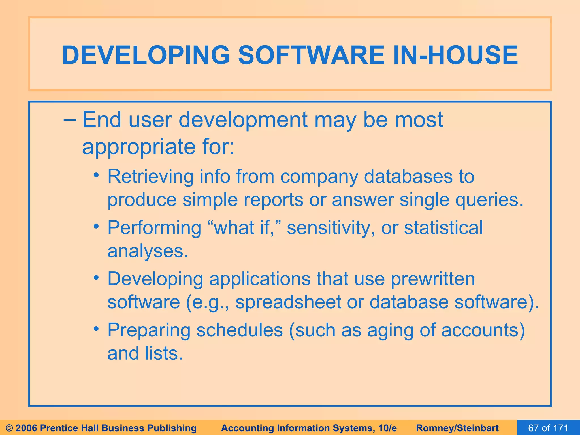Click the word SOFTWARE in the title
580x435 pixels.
[x=311, y=55]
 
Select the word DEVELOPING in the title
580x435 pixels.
[x=146, y=55]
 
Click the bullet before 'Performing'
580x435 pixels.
[x=97, y=227]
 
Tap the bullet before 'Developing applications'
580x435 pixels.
[x=97, y=278]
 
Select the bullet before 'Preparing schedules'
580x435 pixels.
[x=97, y=329]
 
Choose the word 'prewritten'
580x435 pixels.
[x=433, y=279]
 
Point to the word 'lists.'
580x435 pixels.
[x=164, y=353]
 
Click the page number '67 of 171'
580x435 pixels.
[x=548, y=428]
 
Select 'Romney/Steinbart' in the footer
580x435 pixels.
[x=457, y=428]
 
